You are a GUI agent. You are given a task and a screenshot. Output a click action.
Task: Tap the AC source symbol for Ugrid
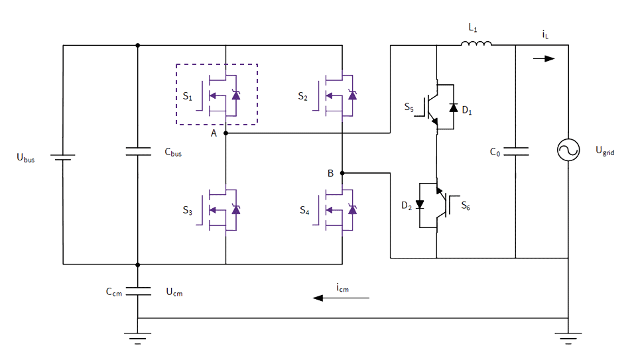tap(568, 151)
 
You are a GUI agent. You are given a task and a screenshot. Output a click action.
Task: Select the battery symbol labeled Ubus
tap(63, 158)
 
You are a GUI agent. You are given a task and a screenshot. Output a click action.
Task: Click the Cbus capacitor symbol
tap(137, 152)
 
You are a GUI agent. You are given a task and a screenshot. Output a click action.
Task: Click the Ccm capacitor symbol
tap(137, 290)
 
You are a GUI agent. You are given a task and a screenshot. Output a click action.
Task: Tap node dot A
tap(226, 133)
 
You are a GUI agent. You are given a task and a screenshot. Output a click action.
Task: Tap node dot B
tap(342, 173)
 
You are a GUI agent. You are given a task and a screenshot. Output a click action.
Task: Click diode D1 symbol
tap(453, 107)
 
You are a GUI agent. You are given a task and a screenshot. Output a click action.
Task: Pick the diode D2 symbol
tap(419, 204)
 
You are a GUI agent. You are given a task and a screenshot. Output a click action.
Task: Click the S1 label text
tap(187, 97)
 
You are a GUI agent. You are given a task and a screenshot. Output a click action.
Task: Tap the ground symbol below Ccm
tap(137, 337)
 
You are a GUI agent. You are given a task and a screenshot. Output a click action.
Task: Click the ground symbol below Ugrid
tap(568, 337)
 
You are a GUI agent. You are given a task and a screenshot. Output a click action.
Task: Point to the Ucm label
tap(174, 292)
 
